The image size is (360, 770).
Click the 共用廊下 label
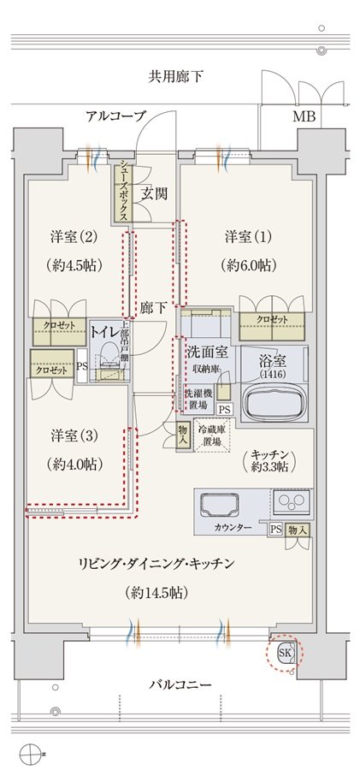pos(176,77)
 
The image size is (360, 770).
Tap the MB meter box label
pos(304,117)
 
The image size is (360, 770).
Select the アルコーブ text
pos(116,115)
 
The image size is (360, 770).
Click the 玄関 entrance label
pos(155,193)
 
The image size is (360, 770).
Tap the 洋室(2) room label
pos(74,237)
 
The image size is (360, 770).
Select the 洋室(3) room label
pos(74,435)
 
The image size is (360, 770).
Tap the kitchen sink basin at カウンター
pos(220,506)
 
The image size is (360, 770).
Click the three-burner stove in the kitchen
pos(292,502)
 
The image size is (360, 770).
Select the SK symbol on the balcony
pos(286,653)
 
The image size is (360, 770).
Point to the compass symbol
pos(28,752)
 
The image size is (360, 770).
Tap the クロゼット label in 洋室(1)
pos(272,320)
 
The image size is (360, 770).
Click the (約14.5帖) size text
pos(156,592)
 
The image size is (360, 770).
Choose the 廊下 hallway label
pos(153,308)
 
